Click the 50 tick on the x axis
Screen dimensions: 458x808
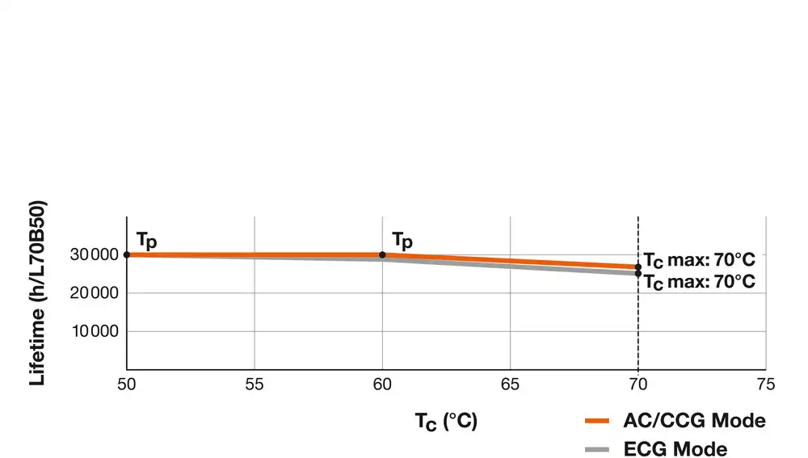pos(127,384)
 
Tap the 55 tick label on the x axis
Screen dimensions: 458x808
pos(255,384)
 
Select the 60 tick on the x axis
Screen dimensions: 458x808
pos(382,384)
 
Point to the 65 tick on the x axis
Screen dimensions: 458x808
pos(510,384)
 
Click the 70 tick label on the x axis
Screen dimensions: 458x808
pos(638,384)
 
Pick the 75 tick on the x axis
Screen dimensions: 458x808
pos(765,384)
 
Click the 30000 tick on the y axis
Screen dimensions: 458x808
pos(97,255)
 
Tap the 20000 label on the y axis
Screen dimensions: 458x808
pos(97,293)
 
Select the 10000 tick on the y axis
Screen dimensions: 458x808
pos(97,331)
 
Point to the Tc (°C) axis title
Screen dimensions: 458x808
pos(446,422)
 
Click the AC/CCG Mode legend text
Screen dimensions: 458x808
pos(694,421)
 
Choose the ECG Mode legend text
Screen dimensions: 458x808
pos(675,449)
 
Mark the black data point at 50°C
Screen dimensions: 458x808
pos(127,254)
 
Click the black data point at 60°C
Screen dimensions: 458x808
pos(382,254)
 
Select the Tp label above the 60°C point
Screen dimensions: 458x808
pos(402,241)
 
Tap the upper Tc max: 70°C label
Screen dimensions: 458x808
pos(699,260)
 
